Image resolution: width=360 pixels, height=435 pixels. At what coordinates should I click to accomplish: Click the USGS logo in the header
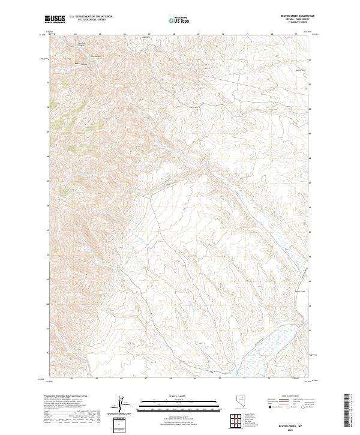(x=55, y=19)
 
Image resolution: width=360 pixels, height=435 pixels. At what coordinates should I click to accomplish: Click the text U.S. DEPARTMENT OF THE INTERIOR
(x=91, y=17)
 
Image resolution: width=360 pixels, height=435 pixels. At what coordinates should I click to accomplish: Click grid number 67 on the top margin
(x=149, y=34)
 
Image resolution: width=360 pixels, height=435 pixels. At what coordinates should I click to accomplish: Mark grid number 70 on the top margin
(x=223, y=34)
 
